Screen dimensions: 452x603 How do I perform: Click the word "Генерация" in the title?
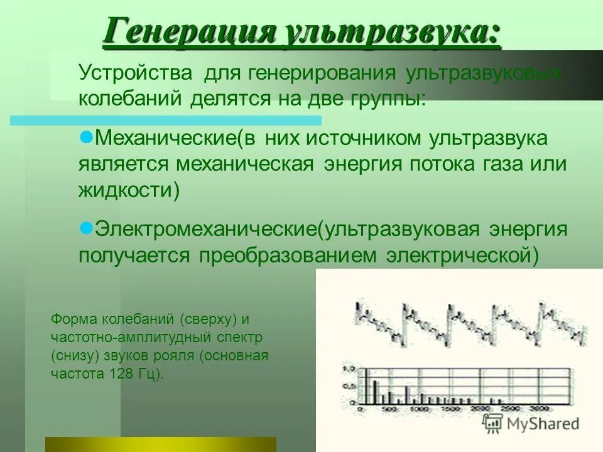(x=188, y=31)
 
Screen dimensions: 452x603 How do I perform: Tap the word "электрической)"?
(x=462, y=256)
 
